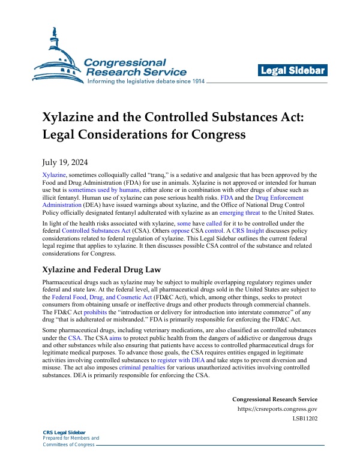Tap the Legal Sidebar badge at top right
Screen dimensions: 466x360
[x=292, y=71]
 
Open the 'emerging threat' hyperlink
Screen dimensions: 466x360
[x=239, y=212]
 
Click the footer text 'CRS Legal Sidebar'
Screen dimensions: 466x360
[x=64, y=432]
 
